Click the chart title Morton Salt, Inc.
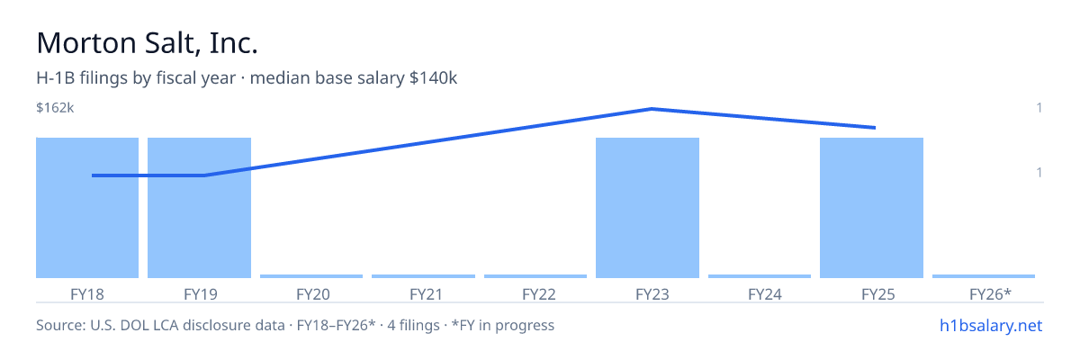147,43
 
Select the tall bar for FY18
87,208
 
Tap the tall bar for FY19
199,208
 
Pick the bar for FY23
647,208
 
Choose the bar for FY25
872,208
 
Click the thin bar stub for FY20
311,276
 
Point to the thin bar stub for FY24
760,276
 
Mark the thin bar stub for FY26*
984,276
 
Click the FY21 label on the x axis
427,294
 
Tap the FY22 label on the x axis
539,294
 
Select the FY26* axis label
990,294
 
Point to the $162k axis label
55,108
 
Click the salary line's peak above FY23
652,109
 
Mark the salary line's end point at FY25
875,128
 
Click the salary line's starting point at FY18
93,175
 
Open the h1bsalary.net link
991,326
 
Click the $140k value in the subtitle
433,78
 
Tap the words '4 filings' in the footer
413,326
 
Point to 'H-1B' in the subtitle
56,78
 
